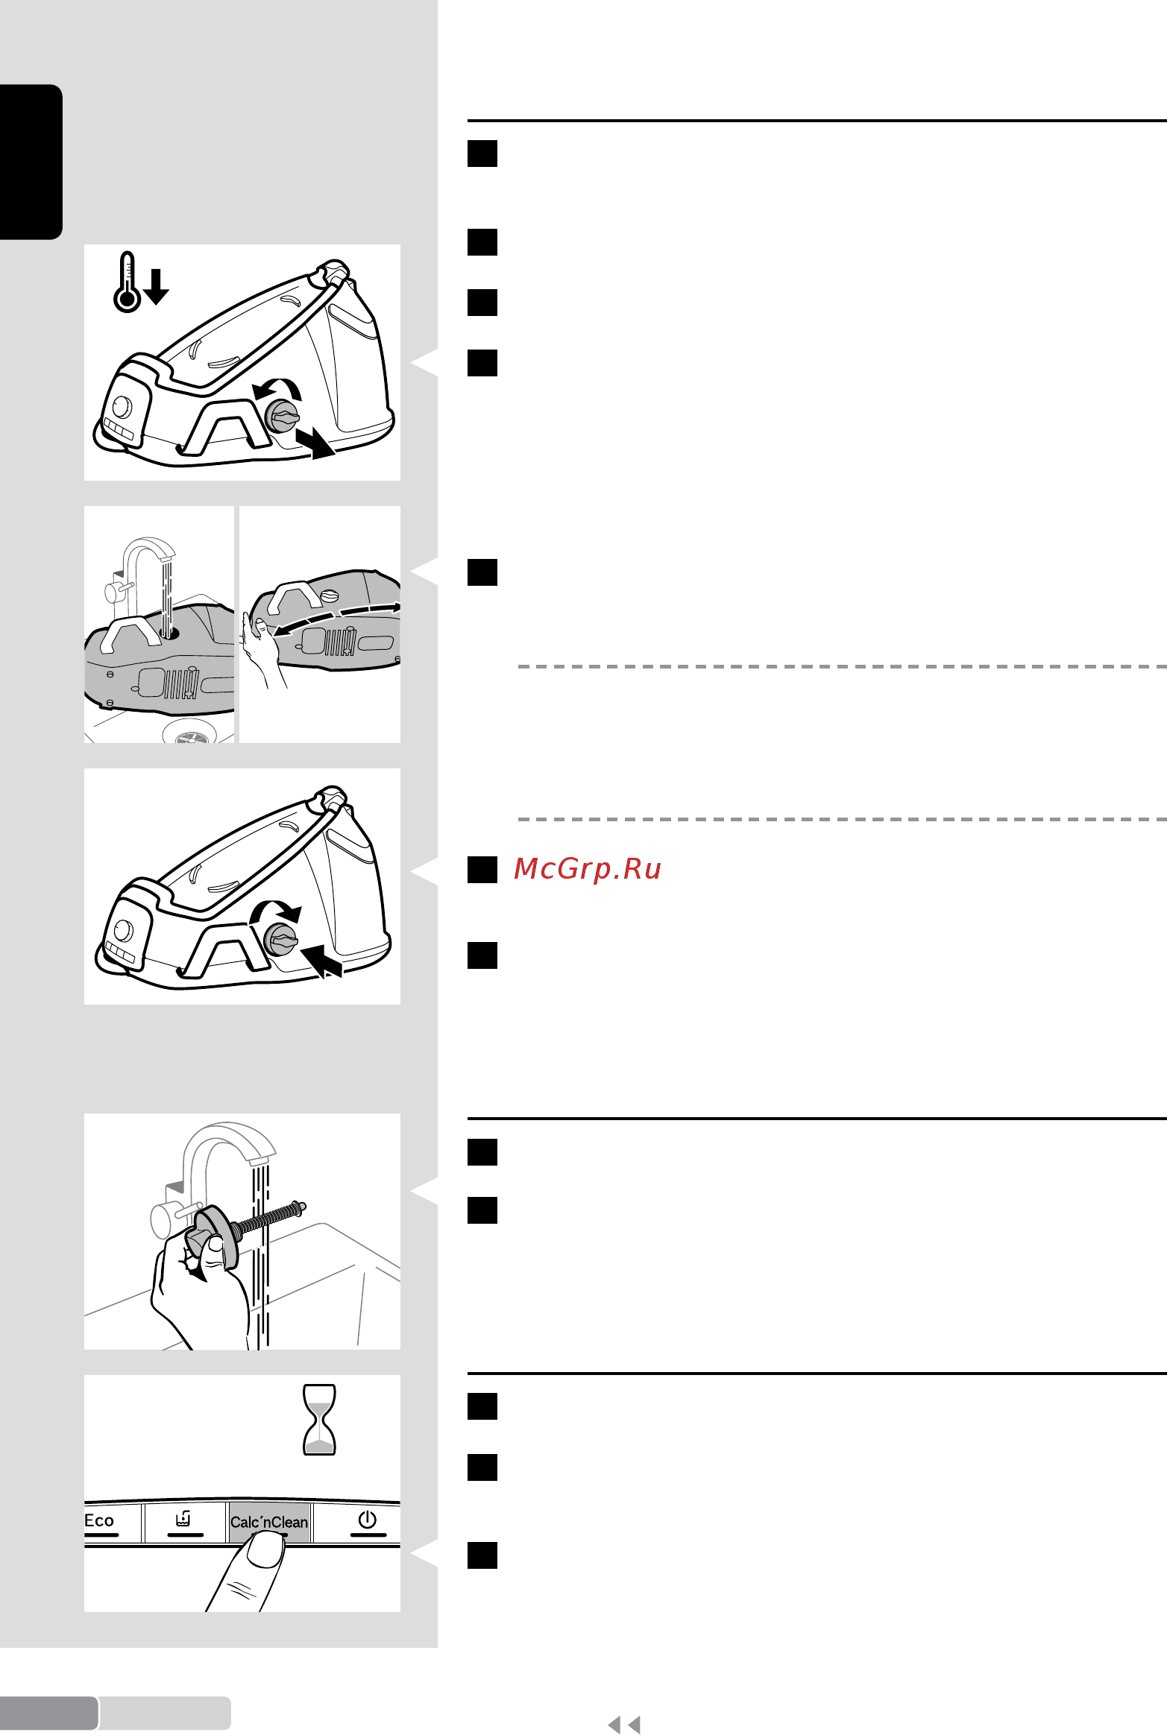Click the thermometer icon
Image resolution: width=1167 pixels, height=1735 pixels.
[x=127, y=282]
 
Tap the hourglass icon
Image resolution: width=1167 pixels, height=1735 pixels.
[x=319, y=1420]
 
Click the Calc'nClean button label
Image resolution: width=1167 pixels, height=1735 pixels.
[x=269, y=1523]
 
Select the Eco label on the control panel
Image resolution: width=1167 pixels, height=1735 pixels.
[x=99, y=1521]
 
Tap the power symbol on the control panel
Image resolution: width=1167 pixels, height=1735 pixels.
[x=368, y=1520]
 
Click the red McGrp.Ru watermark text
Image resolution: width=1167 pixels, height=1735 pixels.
[x=588, y=869]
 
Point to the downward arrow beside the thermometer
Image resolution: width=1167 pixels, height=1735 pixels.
[x=157, y=287]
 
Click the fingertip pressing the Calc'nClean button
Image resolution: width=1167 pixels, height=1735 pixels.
[x=265, y=1551]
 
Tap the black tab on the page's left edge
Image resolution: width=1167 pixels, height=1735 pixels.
[x=31, y=162]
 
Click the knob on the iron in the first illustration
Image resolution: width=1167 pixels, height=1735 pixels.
[x=283, y=417]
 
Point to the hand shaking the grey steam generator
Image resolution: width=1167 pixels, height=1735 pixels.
[x=260, y=651]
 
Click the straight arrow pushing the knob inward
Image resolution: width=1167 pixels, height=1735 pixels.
[x=321, y=960]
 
